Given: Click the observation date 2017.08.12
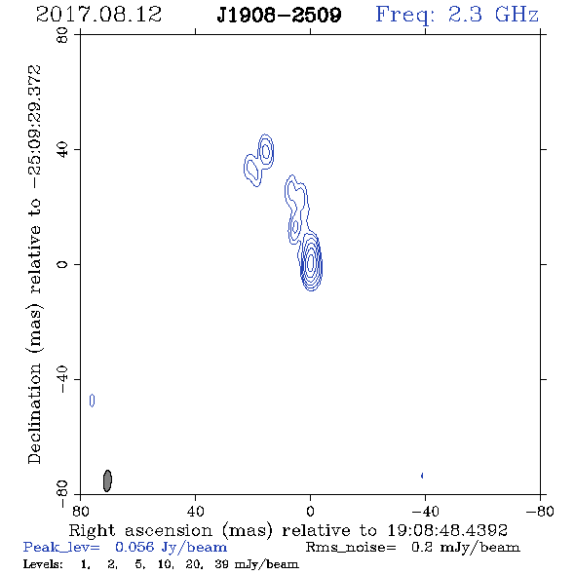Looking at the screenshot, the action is [98, 15].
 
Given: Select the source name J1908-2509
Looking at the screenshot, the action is [279, 15].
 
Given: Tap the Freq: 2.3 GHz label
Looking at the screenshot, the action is [457, 15].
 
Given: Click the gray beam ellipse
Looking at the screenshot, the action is [107, 480].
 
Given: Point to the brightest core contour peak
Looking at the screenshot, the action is [311, 262].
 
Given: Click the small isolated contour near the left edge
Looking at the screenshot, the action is [92, 401].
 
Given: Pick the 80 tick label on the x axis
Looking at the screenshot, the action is [80, 511].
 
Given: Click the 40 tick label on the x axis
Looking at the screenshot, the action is [195, 511].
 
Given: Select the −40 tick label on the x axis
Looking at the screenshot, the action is [425, 511].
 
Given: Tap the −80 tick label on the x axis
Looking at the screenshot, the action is [540, 511].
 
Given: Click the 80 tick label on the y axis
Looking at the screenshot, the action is [62, 35].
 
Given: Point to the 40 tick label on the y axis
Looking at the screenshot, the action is [62, 150].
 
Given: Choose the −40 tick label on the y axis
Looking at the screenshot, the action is [62, 379].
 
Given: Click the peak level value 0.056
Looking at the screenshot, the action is [134, 547].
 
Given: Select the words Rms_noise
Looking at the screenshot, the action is [351, 548].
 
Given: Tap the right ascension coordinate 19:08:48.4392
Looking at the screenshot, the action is [447, 530].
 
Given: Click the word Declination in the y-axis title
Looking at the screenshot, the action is [34, 413].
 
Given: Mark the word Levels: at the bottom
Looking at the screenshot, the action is [43, 563].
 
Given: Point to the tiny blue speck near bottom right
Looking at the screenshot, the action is [422, 476].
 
